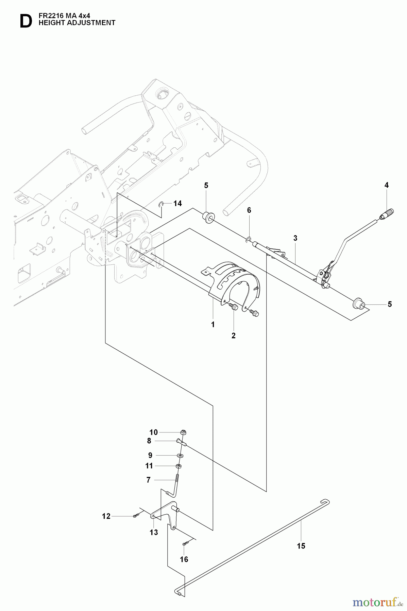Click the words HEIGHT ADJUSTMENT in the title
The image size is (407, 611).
pos(77,23)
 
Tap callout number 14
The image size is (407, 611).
pos(177,203)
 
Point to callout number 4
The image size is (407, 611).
pos(386,185)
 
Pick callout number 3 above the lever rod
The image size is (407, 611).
pos(295,238)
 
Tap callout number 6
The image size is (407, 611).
pos(249,210)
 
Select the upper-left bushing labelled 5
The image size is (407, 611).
pos(207,216)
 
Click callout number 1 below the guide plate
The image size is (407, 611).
pos(213,325)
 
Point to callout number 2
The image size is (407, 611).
pos(234,336)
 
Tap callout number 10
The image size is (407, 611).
pos(154,432)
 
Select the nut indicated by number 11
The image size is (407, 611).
pos(179,466)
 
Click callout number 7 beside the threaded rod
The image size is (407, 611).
pos(148,480)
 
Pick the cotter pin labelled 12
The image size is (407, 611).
pos(135,516)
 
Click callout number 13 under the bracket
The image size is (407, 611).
pos(154,532)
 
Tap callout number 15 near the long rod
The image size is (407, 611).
pos(301,546)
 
